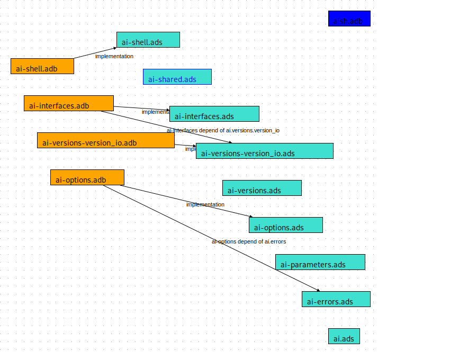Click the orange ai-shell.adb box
(42, 66)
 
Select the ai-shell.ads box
(148, 40)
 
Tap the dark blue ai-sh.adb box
(349, 19)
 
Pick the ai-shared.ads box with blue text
(177, 77)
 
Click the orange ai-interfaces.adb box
(69, 103)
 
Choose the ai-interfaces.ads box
(214, 114)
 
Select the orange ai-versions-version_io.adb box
(106, 140)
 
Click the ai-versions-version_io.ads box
(265, 151)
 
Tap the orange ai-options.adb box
(87, 177)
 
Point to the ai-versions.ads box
(262, 188)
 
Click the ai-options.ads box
(286, 225)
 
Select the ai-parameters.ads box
(320, 262)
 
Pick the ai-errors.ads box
(336, 299)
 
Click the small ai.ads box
(344, 336)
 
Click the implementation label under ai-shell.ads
(114, 56)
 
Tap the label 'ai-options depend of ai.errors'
(249, 241)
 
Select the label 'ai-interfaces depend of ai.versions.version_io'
(223, 130)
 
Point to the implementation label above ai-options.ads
(205, 204)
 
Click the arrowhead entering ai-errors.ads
(319, 291)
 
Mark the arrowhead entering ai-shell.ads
(115, 48)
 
